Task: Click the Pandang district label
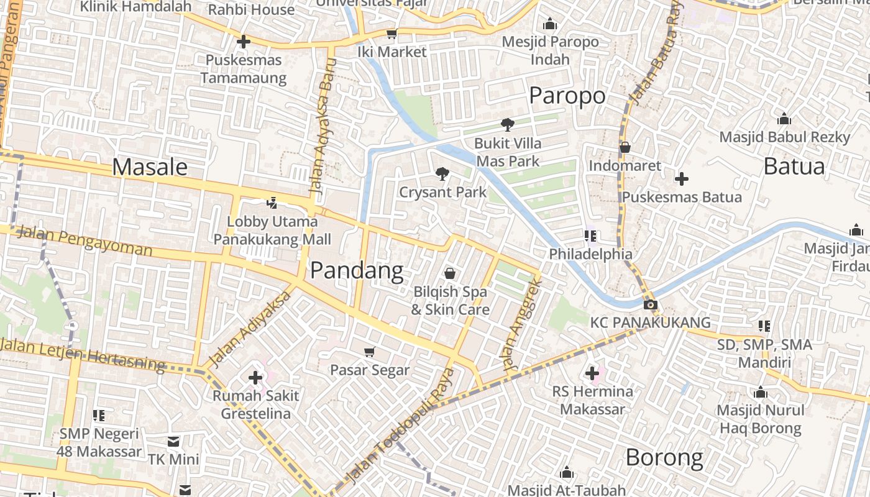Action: [x=357, y=271]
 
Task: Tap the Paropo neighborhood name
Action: [x=567, y=96]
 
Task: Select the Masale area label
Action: [x=150, y=167]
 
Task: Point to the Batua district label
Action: [x=794, y=166]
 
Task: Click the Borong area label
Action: [x=664, y=458]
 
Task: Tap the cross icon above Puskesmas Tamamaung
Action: [x=244, y=42]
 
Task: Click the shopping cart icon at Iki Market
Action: [x=391, y=34]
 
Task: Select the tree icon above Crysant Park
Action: [x=442, y=173]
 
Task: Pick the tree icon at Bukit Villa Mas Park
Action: [x=507, y=124]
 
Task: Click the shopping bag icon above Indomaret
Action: [x=625, y=147]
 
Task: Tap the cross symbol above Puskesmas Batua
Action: [x=682, y=179]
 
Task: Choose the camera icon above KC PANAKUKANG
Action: [x=650, y=304]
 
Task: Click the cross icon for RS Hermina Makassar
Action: [x=592, y=373]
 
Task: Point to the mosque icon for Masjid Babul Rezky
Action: [x=784, y=119]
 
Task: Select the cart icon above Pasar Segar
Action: [x=369, y=352]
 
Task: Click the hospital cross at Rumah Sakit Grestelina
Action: [x=255, y=377]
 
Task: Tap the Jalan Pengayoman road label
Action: [x=85, y=241]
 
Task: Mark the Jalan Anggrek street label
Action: [x=524, y=325]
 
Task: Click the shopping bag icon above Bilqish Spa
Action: [x=450, y=273]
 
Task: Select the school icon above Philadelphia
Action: [x=590, y=235]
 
